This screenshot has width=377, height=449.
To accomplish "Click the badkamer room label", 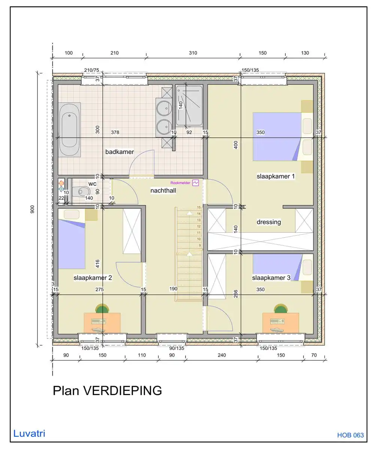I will (119, 152).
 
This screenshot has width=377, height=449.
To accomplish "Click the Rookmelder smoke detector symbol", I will (195, 183).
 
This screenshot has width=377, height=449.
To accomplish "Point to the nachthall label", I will (163, 191).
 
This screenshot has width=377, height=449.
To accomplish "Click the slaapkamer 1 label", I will (276, 176).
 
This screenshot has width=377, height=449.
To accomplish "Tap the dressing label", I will (268, 222).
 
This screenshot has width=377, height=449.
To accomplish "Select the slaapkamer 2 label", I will (93, 278).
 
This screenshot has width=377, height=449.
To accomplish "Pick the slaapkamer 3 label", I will (271, 278).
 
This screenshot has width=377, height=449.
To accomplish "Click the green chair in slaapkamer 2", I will (102, 309).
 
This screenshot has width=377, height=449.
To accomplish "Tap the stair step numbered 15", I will (199, 207).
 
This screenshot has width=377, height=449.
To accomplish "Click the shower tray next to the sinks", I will (189, 106).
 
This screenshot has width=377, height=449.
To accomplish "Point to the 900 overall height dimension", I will (33, 210).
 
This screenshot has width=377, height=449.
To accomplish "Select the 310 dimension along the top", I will (193, 53).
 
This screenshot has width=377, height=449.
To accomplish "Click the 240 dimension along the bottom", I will (222, 355).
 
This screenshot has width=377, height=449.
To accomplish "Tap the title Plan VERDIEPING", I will (107, 391).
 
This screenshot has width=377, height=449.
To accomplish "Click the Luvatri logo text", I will (29, 434).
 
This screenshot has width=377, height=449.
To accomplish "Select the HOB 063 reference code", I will (350, 435).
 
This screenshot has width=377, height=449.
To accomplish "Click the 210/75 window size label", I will (91, 70).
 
